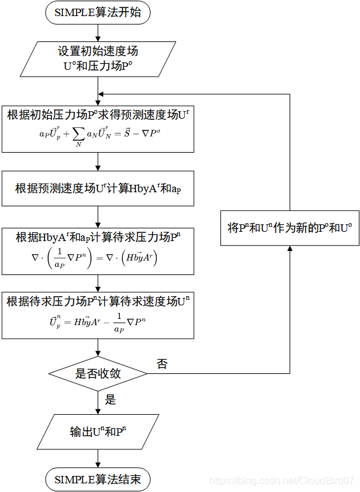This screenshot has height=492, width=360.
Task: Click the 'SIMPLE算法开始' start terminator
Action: point(98,13)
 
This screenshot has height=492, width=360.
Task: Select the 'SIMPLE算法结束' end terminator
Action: point(98,480)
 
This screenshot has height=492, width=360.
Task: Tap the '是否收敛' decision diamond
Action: point(98,373)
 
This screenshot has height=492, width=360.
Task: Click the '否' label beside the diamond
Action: point(162,364)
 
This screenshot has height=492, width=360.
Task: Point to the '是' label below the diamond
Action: point(111,400)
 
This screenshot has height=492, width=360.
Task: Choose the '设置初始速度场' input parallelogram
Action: point(98,59)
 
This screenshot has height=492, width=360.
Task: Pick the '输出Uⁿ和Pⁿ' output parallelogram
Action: point(98,432)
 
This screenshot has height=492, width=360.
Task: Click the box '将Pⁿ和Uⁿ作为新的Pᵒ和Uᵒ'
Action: point(290,227)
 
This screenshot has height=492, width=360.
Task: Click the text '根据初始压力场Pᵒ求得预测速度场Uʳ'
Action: point(98,114)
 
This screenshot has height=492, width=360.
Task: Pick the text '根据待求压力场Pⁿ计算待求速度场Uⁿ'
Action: point(98,302)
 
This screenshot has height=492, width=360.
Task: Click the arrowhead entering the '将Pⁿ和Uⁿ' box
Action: point(290,248)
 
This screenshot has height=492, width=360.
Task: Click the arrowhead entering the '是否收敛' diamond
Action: point(98,353)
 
